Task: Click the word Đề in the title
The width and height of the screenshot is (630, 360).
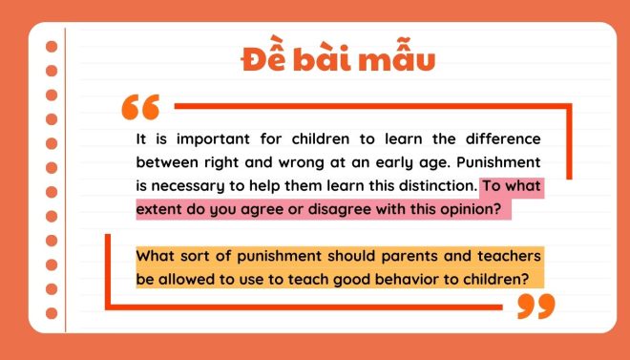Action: [x=262, y=60]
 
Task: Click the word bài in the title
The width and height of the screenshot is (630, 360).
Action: [x=325, y=60]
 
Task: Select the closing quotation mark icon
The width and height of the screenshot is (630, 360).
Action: [x=535, y=306]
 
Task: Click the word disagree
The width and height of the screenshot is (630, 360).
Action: [x=337, y=208]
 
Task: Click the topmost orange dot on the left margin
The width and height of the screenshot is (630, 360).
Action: [x=52, y=45]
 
